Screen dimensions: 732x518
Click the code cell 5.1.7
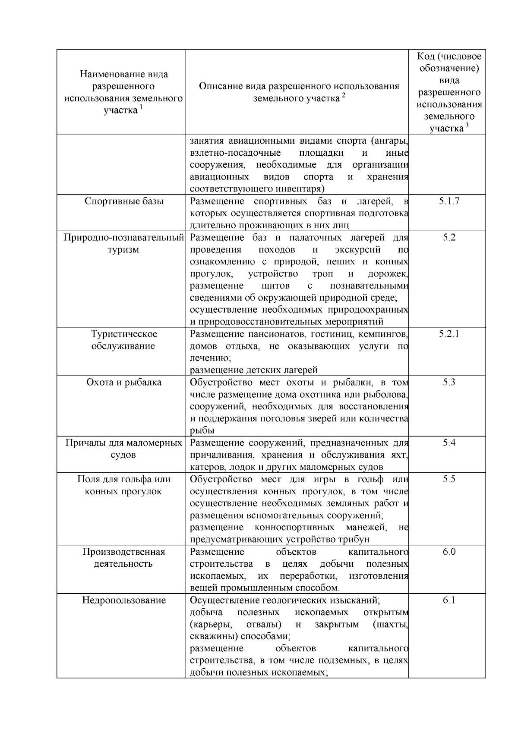(x=449, y=201)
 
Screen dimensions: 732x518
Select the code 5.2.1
(x=449, y=334)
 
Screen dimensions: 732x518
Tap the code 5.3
(x=449, y=382)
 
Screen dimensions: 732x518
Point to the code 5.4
(x=449, y=443)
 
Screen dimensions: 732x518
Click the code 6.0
(x=449, y=552)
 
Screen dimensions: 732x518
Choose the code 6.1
(x=449, y=600)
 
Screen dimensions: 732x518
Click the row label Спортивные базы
(x=124, y=201)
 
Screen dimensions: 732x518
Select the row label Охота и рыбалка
(x=124, y=382)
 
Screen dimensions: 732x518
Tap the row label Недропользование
(x=124, y=600)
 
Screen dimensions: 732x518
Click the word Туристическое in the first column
(x=124, y=334)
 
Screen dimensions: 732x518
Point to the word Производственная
(x=124, y=552)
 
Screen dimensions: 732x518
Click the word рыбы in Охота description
(x=202, y=430)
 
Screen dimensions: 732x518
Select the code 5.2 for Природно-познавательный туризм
(x=449, y=237)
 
